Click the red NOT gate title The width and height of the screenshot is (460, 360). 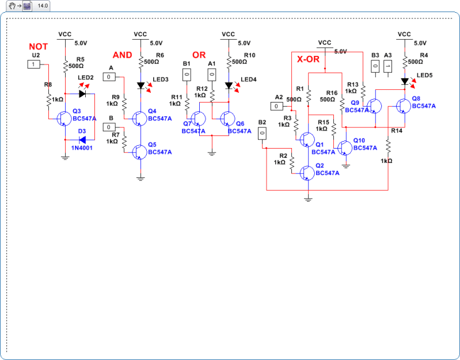pyautogui.click(x=38, y=46)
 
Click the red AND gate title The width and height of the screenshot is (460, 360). pyautogui.click(x=122, y=55)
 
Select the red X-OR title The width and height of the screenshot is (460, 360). pyautogui.click(x=308, y=59)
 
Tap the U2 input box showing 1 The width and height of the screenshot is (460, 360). pyautogui.click(x=35, y=64)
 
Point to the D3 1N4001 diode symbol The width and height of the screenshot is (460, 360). pyautogui.click(x=82, y=139)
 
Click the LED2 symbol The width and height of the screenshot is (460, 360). pyautogui.click(x=82, y=93)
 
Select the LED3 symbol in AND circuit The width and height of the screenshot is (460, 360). pyautogui.click(x=140, y=85)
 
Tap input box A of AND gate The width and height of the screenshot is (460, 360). pyautogui.click(x=109, y=77)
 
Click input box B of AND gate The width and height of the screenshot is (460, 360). pyautogui.click(x=109, y=127)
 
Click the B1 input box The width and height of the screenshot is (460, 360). pyautogui.click(x=186, y=74)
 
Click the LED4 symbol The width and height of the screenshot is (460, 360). pyautogui.click(x=229, y=85)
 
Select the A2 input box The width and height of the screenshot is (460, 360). pyautogui.click(x=277, y=106)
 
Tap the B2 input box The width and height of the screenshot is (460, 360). pyautogui.click(x=262, y=133)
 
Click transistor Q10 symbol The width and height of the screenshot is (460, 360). pyautogui.click(x=345, y=147)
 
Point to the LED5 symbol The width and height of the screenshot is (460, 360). pyautogui.click(x=405, y=81)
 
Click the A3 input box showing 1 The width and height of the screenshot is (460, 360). pyautogui.click(x=387, y=66)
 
